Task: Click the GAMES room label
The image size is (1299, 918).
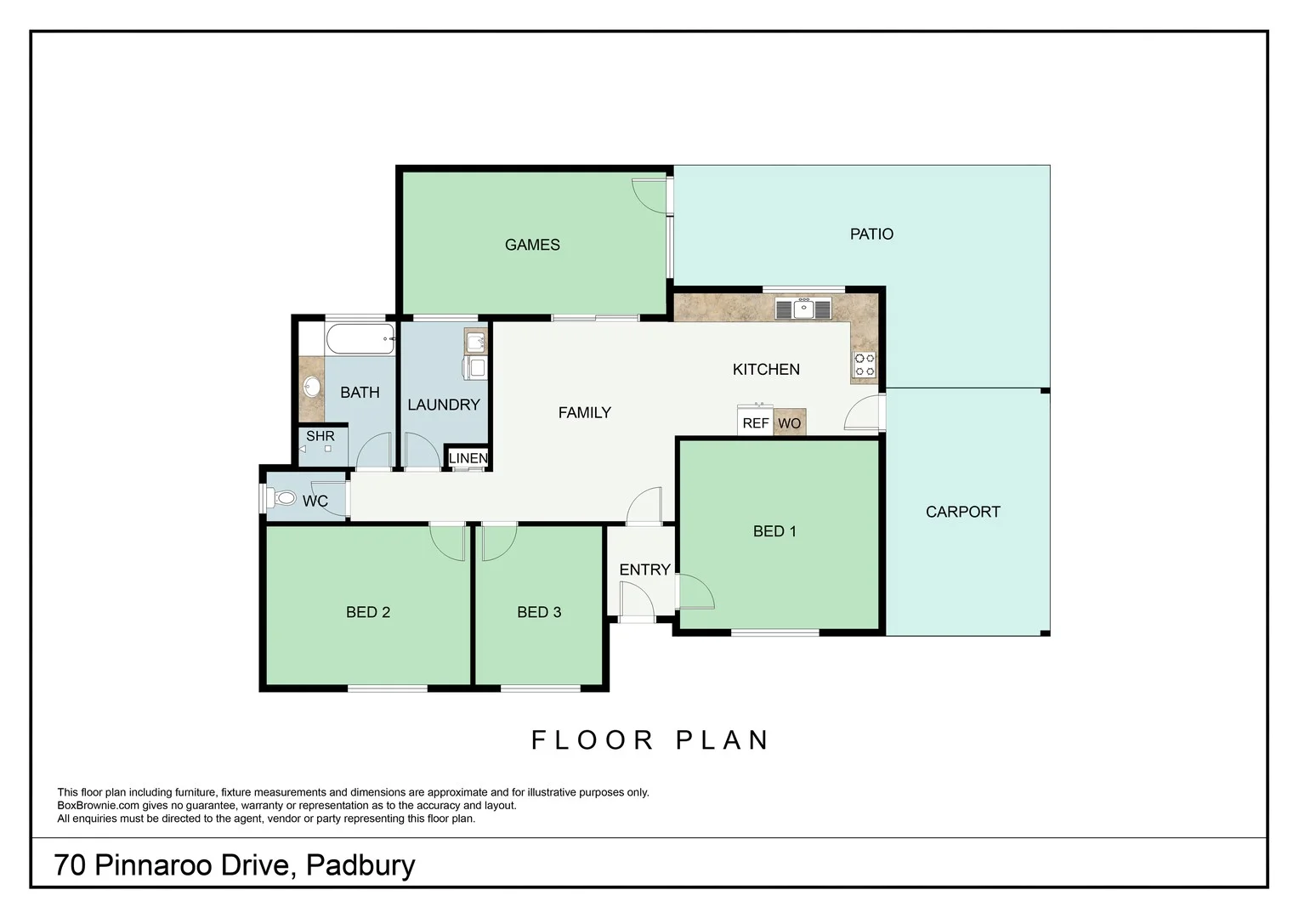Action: click(532, 245)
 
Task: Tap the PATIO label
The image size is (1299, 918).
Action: click(871, 234)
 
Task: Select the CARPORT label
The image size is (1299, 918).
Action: click(962, 512)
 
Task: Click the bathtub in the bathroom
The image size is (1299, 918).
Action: click(360, 338)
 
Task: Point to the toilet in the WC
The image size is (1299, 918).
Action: click(284, 498)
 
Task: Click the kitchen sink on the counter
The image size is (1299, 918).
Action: click(803, 309)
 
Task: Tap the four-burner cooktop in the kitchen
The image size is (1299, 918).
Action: click(865, 365)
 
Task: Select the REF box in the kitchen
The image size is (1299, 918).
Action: click(755, 422)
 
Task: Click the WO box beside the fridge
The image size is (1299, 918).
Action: click(790, 422)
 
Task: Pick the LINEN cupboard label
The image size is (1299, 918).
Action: click(468, 458)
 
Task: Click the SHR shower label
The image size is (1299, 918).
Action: click(320, 436)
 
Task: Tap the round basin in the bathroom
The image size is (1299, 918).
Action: click(312, 387)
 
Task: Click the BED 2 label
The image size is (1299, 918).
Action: click(368, 612)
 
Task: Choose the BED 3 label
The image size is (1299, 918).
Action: click(539, 612)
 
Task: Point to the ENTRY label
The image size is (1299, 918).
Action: click(644, 569)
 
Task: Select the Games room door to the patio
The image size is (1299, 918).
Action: click(650, 196)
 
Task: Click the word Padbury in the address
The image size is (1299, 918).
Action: click(360, 865)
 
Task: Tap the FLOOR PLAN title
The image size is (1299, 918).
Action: click(650, 740)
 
